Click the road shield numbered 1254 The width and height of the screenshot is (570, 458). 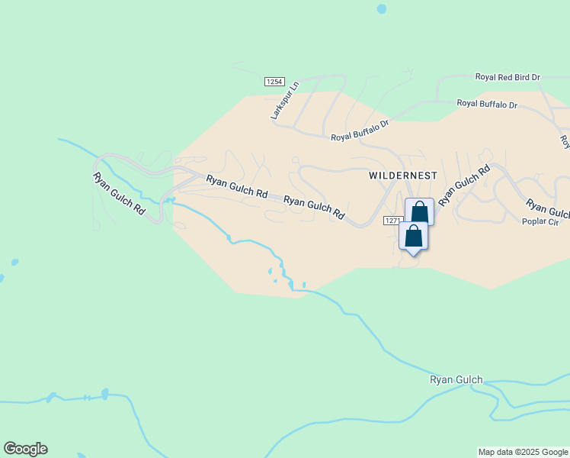point(274,81)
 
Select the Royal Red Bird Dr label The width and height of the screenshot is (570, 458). point(508,77)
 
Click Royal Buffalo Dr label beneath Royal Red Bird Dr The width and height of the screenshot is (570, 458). point(487,103)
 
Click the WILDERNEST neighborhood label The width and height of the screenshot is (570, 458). point(403,175)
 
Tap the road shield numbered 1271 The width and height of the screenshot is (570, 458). point(392,220)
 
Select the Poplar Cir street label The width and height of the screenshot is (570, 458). point(540,221)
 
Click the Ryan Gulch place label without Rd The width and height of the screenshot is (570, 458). point(456,379)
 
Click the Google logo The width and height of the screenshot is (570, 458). point(25,449)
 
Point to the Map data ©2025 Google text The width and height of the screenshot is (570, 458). point(524,452)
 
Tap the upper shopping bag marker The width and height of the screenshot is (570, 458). point(419,211)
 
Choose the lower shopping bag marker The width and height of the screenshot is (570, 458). point(413,235)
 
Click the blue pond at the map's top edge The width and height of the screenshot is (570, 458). point(381,9)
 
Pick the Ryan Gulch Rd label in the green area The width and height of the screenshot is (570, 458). point(119,193)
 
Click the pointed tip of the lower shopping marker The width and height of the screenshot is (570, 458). point(413,255)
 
